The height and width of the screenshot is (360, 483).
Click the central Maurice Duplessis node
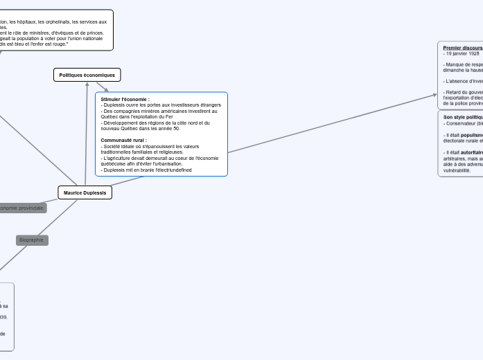pyautogui.click(x=85, y=192)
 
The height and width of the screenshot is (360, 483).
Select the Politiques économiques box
pyautogui.click(x=87, y=75)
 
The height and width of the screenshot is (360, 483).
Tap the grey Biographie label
pyautogui.click(x=32, y=240)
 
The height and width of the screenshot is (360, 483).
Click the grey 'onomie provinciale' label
pyautogui.click(x=21, y=208)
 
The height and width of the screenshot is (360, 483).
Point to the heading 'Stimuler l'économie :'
pyautogui.click(x=125, y=100)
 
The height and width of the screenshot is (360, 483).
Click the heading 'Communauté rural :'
pyautogui.click(x=123, y=140)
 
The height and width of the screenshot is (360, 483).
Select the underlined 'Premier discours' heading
pyautogui.click(x=462, y=48)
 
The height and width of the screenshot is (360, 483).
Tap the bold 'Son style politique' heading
pyautogui.click(x=463, y=118)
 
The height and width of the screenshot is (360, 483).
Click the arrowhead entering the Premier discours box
pyautogui.click(x=435, y=95)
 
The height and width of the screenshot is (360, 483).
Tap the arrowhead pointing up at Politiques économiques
pyautogui.click(x=87, y=84)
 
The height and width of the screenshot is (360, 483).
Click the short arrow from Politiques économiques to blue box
pyautogui.click(x=103, y=87)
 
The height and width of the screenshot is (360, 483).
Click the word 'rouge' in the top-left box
pyautogui.click(x=60, y=44)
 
